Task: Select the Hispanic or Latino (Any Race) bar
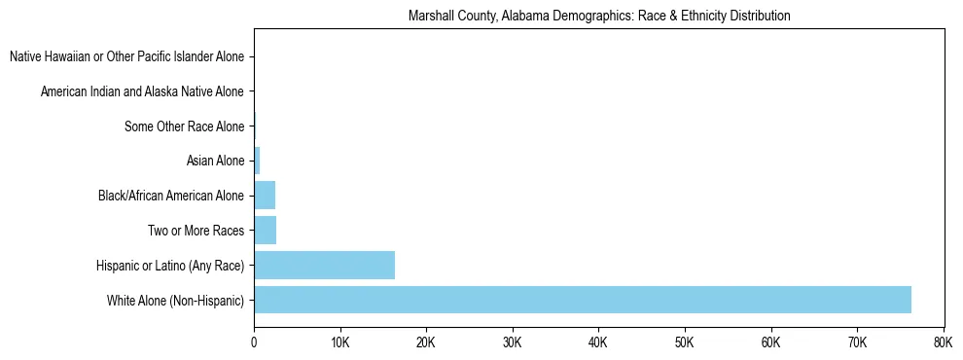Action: (324, 265)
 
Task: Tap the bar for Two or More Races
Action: (265, 231)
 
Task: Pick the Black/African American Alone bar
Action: (265, 196)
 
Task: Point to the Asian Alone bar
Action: (257, 161)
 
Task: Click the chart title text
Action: (599, 16)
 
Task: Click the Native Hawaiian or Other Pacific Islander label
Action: (126, 56)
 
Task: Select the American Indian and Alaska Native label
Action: (142, 91)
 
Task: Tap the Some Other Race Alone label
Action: (185, 126)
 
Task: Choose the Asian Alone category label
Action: (215, 161)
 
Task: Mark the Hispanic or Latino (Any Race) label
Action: (170, 266)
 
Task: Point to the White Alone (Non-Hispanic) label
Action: (176, 300)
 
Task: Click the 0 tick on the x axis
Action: (254, 342)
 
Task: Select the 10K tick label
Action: (339, 342)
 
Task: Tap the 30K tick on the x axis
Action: (512, 342)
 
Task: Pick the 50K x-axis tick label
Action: (684, 342)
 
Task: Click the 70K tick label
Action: (856, 342)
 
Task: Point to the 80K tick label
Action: (942, 342)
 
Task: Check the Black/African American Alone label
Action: (171, 196)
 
